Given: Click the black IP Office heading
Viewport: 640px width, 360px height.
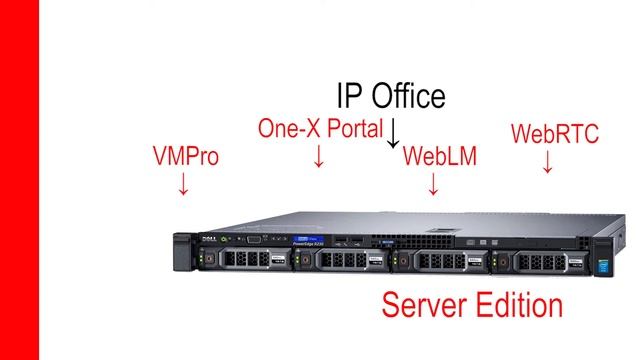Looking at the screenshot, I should (x=390, y=96).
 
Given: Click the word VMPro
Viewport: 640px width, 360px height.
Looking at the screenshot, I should (x=185, y=157).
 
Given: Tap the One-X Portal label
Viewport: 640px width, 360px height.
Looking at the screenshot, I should (x=320, y=129).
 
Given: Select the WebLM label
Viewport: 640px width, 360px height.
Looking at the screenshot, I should (x=439, y=157).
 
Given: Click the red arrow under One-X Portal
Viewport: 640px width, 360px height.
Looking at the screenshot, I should (x=319, y=156).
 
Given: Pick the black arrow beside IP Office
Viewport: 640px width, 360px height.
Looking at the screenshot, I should (x=394, y=132).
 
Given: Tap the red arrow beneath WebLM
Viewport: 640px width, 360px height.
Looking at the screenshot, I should (x=433, y=184).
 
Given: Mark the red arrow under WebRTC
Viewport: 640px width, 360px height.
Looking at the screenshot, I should (x=547, y=162).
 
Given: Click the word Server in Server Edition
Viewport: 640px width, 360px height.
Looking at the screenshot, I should (x=431, y=305).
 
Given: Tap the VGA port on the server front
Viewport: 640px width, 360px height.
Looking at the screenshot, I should (x=253, y=238).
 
